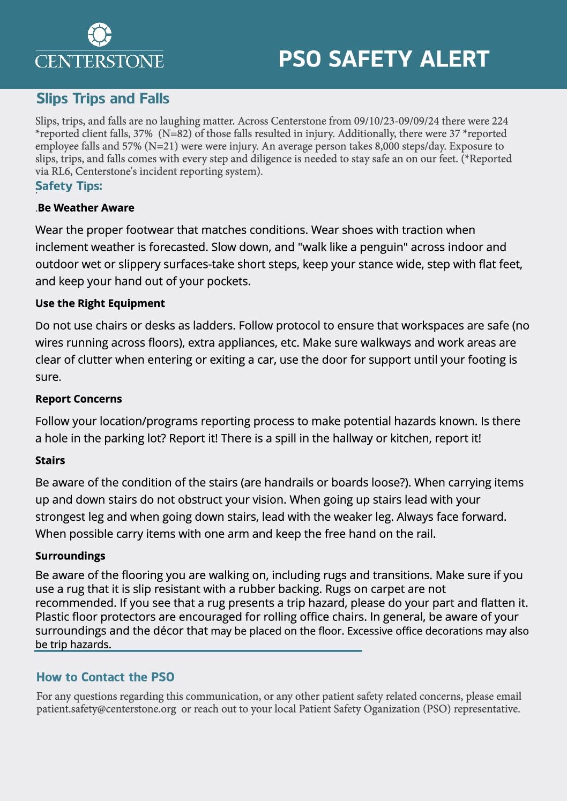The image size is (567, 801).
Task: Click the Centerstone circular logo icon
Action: coord(99,35)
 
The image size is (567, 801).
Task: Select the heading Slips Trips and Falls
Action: coord(103,99)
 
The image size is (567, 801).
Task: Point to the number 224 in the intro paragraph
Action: coord(499,121)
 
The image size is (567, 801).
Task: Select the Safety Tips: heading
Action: coord(69,186)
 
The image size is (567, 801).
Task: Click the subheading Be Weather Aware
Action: coord(86,208)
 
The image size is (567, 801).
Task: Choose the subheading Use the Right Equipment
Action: coord(100,303)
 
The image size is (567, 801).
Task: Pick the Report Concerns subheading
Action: coord(79,399)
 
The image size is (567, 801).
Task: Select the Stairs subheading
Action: coord(50,460)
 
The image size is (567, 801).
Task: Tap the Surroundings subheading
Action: coord(70,556)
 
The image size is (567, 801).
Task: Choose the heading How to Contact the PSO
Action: coord(106,677)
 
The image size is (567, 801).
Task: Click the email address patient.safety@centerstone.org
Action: coord(106,709)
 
